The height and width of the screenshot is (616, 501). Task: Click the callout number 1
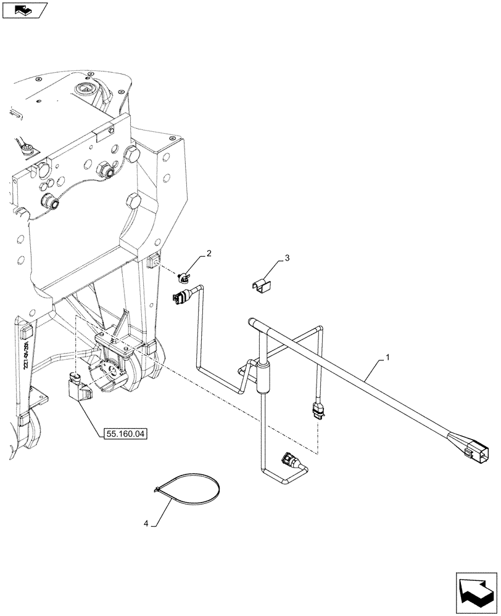pyautogui.click(x=387, y=357)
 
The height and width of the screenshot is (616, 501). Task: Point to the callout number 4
pyautogui.click(x=146, y=524)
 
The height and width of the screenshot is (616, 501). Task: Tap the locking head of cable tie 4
pyautogui.click(x=159, y=490)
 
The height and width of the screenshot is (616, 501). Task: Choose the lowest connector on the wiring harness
pyautogui.click(x=289, y=460)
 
